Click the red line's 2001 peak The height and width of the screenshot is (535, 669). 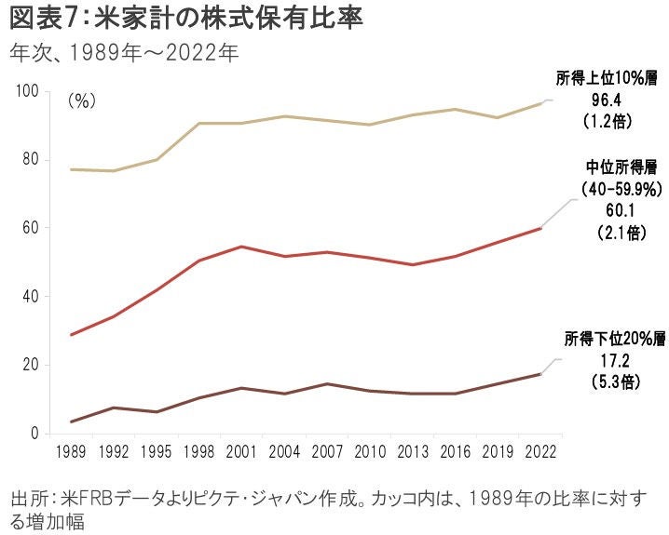241,247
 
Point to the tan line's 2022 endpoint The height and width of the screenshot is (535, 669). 540,103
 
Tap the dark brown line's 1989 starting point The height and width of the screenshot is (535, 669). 71,421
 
